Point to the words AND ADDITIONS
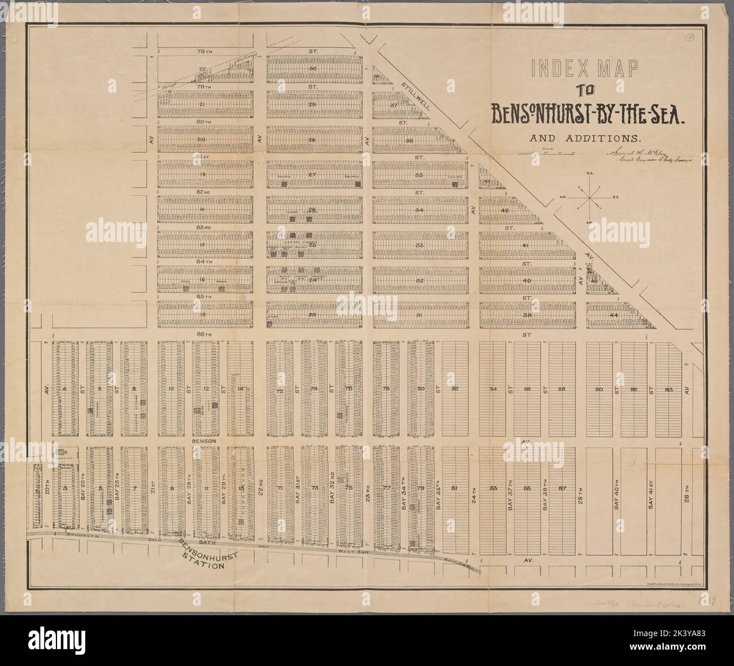point(584,137)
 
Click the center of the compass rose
point(589,197)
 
